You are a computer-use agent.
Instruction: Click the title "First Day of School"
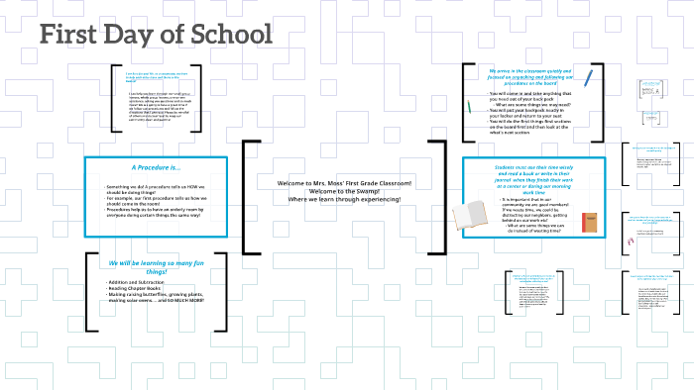click(x=156, y=36)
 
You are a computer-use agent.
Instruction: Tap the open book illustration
click(x=477, y=215)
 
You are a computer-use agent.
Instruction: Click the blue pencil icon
click(x=588, y=76)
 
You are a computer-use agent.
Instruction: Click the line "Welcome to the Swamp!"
click(x=344, y=192)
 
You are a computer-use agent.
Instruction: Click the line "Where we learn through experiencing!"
click(x=344, y=200)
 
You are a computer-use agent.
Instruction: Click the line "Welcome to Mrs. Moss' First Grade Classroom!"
click(x=344, y=184)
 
